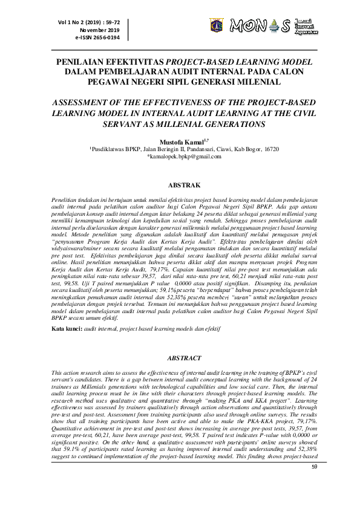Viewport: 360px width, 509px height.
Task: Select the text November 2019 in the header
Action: (x=100, y=30)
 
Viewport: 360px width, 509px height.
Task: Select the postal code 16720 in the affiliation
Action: (x=272, y=148)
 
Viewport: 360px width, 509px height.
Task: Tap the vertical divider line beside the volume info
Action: (x=129, y=28)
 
